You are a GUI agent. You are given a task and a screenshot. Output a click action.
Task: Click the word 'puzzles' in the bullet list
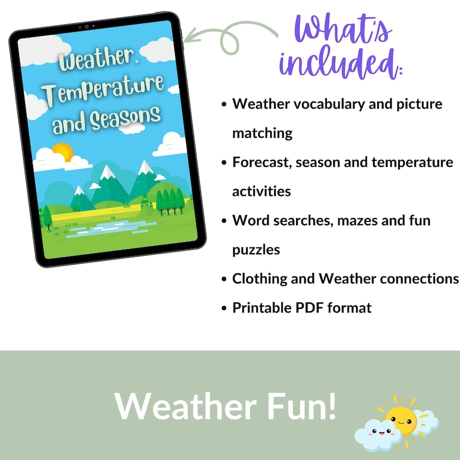(256, 250)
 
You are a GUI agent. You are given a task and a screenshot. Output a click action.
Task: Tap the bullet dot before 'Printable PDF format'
(224, 308)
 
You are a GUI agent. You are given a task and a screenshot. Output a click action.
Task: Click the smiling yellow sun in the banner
(401, 419)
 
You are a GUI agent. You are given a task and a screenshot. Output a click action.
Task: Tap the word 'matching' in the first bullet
(262, 133)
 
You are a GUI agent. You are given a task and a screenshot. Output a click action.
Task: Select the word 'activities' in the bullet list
(261, 191)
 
